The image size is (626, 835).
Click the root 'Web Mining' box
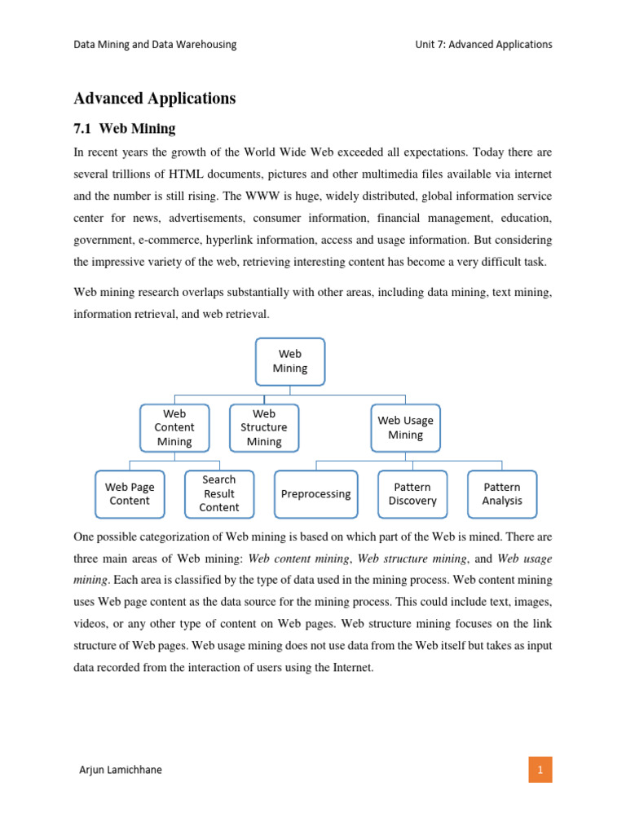coord(290,361)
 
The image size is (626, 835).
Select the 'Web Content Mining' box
coord(174,428)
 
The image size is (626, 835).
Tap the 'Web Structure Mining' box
coord(264,428)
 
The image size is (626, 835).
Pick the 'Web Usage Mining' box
coord(405,428)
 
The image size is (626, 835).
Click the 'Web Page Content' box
coord(130,494)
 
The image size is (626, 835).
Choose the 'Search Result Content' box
coord(219,494)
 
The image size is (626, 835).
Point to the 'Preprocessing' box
coord(315,494)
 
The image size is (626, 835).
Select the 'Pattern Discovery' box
coord(412,494)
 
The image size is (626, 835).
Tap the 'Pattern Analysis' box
coord(502,494)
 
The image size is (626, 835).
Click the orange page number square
coord(540,769)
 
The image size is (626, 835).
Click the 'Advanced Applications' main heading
coord(155,99)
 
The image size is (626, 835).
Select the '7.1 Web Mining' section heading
coord(125,129)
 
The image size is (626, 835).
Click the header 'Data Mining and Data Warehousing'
coord(155,45)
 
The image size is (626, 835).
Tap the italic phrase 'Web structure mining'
coord(412,559)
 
